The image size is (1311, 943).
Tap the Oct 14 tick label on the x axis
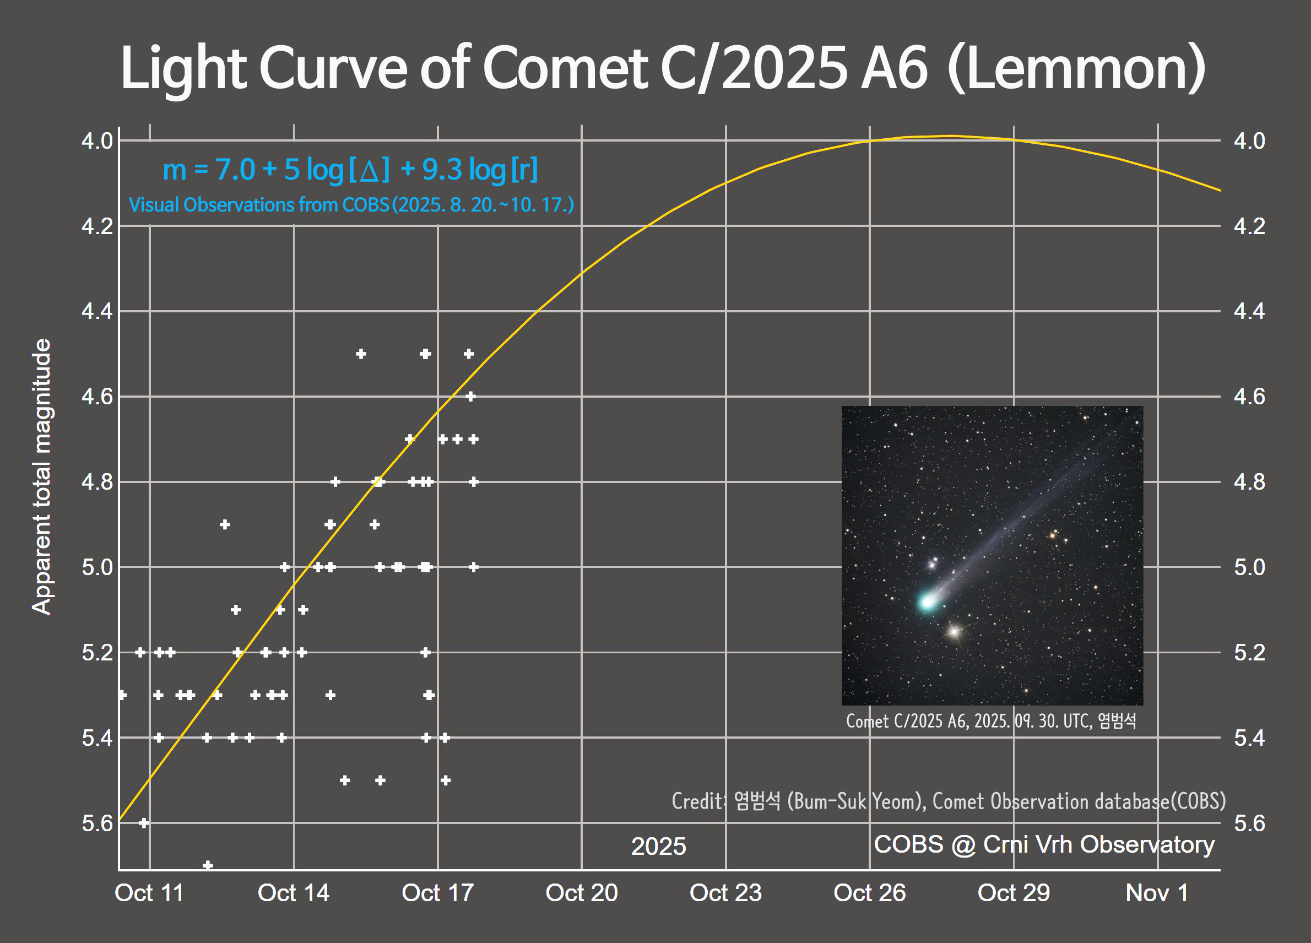point(293,893)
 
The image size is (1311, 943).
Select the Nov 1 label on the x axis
point(1157,893)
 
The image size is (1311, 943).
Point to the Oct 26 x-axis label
point(869,893)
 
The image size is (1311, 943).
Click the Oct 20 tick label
point(582,893)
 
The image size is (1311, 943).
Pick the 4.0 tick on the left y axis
point(97,140)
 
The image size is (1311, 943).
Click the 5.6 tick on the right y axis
point(1249,823)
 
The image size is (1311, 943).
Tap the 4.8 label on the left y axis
point(97,481)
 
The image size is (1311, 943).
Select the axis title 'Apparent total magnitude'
point(42,476)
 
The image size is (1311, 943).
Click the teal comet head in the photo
point(927,601)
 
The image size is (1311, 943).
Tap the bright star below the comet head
point(955,631)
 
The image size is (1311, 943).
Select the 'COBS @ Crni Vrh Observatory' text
point(1044,844)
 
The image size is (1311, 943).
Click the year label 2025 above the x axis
point(658,847)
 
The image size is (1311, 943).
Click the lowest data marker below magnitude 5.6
point(208,865)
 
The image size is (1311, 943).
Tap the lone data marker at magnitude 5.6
point(144,823)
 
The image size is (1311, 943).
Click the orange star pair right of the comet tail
point(1054,534)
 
